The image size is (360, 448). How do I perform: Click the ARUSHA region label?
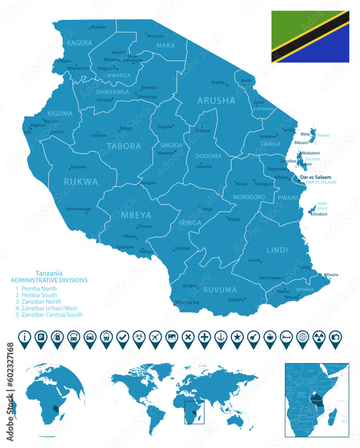tap(216, 100)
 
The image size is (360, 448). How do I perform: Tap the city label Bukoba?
tap(98, 27)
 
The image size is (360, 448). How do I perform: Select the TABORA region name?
tap(124, 146)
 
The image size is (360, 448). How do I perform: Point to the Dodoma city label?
tap(204, 167)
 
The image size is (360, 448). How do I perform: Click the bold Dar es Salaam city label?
tap(318, 177)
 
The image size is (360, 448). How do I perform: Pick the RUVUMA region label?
tap(220, 290)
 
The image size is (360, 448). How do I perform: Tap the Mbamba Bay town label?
tap(187, 302)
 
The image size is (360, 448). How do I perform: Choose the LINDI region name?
tap(278, 250)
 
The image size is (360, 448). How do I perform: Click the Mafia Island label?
tap(323, 206)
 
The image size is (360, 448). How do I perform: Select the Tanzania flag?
tap(310, 37)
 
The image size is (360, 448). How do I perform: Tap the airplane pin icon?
tap(155, 336)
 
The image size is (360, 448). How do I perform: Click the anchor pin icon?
tap(220, 336)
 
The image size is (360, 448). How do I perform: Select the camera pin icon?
tap(334, 336)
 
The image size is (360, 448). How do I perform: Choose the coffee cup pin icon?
tap(269, 336)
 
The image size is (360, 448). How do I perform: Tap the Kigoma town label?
tap(38, 125)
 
